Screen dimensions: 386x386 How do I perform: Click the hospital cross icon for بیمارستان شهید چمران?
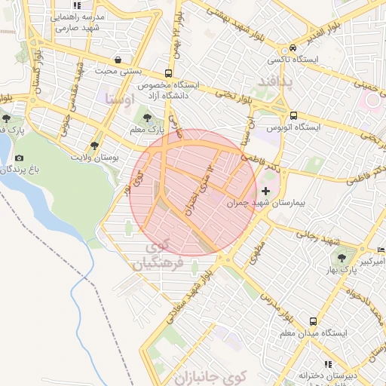pos(265,191)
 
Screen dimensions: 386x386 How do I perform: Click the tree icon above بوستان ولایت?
pos(94,146)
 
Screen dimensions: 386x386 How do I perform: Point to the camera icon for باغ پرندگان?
pos(19,158)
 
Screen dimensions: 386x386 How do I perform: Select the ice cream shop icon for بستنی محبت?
pos(118,60)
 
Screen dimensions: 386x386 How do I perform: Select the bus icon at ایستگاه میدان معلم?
pos(312,320)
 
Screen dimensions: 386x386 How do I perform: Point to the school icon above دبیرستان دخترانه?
pos(326,363)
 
